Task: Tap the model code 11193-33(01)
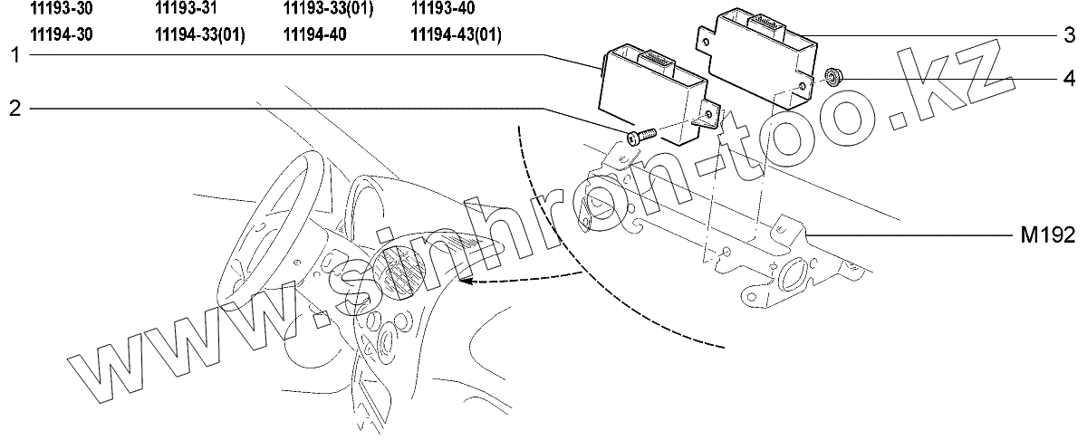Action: point(328,10)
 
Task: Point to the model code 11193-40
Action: point(441,10)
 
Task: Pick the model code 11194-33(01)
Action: point(200,34)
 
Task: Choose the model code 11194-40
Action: point(313,34)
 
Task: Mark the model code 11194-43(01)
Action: point(457,34)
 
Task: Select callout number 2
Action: point(15,109)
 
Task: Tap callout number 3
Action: point(1069,36)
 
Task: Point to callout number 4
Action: point(1069,79)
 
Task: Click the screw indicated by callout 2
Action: point(639,137)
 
